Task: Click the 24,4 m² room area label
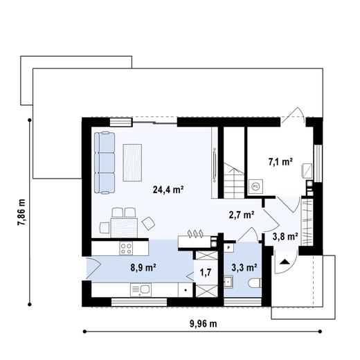(x=168, y=188)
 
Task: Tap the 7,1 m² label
(x=280, y=163)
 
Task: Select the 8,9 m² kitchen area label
(x=143, y=266)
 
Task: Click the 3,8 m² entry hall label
(x=285, y=236)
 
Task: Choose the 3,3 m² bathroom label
(x=244, y=267)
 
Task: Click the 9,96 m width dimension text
(x=202, y=323)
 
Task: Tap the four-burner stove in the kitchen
(x=127, y=247)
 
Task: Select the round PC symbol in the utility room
(x=255, y=186)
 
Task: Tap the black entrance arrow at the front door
(x=282, y=262)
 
